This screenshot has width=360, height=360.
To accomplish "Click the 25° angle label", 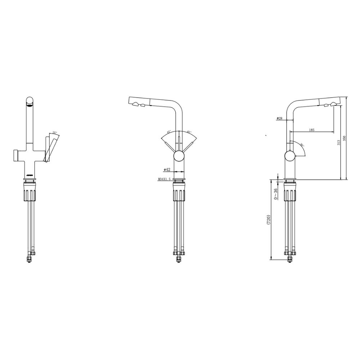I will click(55, 133).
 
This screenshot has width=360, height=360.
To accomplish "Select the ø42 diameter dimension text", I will click(167, 169).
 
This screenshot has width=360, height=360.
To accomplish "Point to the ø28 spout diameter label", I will click(279, 118).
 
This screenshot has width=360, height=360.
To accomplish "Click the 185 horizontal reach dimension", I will click(311, 130).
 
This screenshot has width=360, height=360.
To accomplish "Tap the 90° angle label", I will click(302, 145).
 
